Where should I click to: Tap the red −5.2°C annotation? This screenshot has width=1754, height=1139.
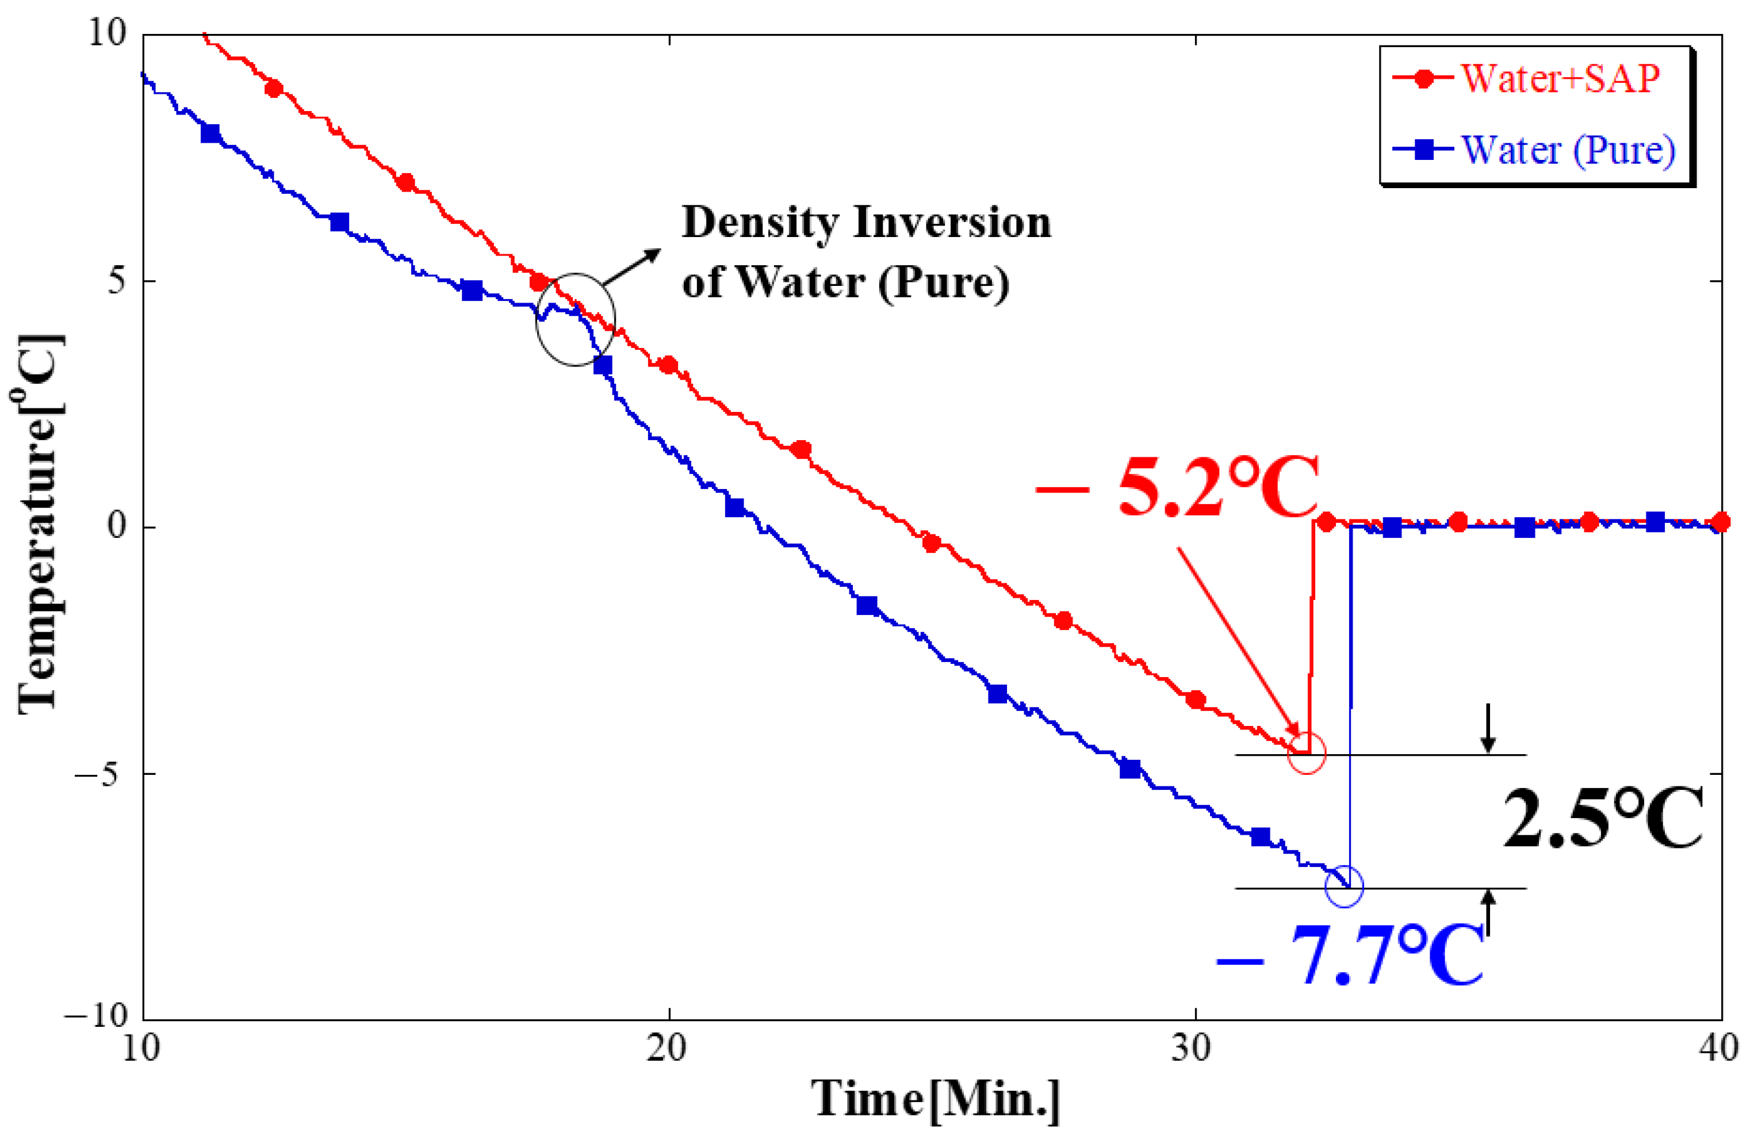[x=1177, y=486]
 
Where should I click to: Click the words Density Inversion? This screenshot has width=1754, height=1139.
[x=866, y=223]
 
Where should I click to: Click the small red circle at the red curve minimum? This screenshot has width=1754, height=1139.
[x=1307, y=752]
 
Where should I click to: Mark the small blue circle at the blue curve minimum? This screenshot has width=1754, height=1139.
[x=1344, y=885]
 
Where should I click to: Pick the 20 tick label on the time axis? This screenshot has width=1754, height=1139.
[x=668, y=1048]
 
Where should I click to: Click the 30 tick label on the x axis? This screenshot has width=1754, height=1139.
[x=1193, y=1048]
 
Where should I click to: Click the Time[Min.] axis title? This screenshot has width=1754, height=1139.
[x=936, y=1099]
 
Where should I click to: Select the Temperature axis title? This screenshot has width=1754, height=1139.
[x=39, y=523]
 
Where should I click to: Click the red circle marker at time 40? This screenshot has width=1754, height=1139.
[x=1721, y=522]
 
